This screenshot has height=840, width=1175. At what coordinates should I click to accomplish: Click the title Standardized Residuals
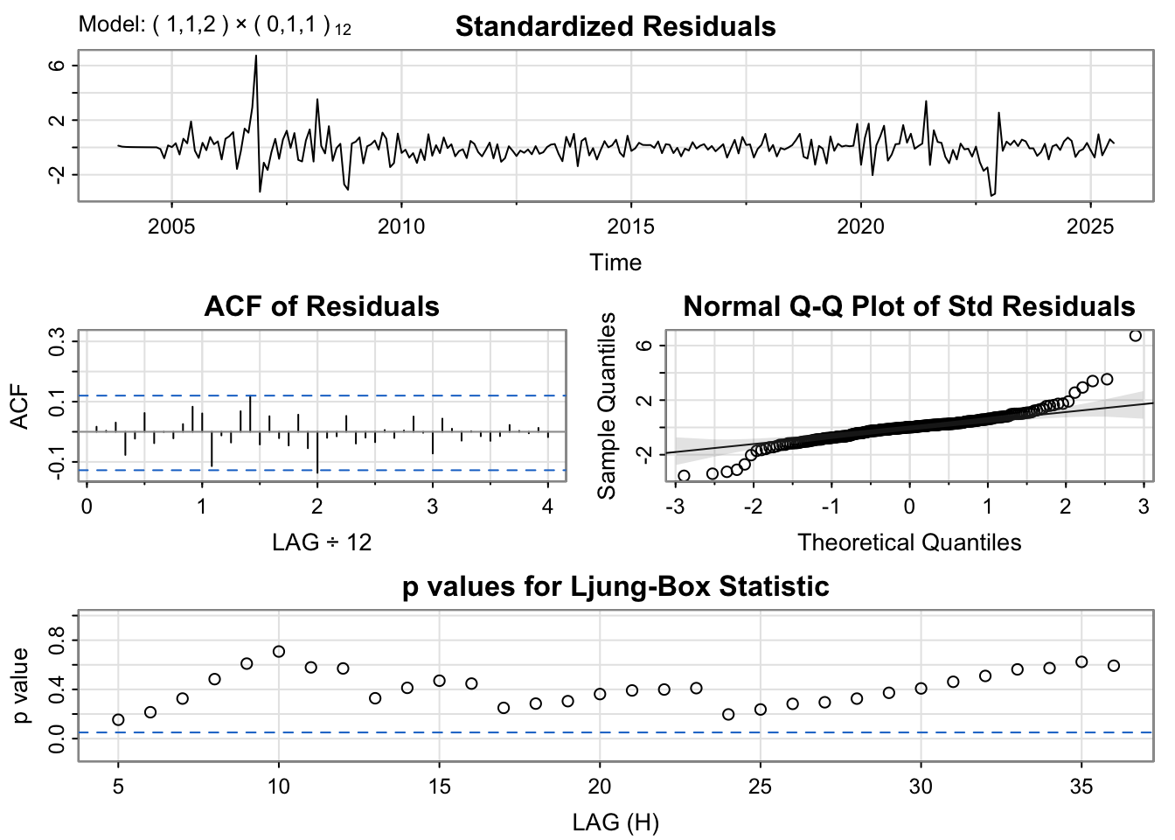point(615,26)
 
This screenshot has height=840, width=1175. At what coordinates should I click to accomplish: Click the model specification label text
point(215,25)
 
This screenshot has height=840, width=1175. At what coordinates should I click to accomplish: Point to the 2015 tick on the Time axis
point(631,227)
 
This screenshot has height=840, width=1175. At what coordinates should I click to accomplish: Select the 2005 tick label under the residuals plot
point(171,227)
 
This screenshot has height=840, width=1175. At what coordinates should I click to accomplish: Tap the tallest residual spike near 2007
point(255,57)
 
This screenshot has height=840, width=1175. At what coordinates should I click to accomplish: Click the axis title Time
point(615,262)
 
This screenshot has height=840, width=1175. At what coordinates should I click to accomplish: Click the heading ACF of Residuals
point(322,306)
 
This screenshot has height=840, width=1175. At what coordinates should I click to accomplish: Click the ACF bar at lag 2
point(317,451)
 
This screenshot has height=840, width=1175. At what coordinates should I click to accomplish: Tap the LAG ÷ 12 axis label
point(322,542)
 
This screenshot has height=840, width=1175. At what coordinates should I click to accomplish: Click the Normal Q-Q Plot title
point(909,306)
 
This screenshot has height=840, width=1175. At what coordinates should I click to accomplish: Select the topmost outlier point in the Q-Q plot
point(1135,335)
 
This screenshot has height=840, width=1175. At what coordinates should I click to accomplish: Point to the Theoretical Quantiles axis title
point(909,542)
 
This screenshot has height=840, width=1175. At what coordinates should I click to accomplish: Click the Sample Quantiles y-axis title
point(607,405)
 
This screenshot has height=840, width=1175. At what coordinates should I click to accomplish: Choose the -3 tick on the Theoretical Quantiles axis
point(674,506)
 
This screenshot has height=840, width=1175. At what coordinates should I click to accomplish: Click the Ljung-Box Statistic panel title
point(615,586)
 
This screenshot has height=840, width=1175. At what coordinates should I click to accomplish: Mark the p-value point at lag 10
point(279,651)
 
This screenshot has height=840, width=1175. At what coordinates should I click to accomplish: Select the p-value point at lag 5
point(118,719)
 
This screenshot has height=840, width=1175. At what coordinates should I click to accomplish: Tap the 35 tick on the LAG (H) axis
point(1081,787)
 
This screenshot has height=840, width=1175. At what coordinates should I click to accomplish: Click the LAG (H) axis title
point(615,822)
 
